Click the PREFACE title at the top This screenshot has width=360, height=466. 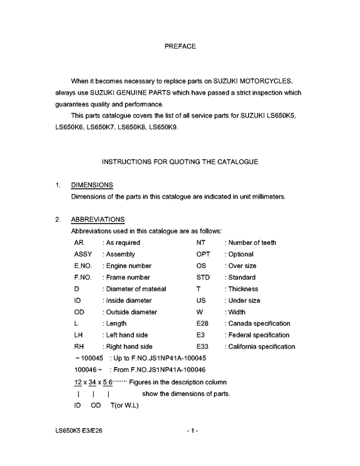[x=180, y=47]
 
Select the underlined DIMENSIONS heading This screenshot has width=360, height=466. [x=92, y=185]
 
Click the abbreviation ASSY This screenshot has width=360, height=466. [x=84, y=255]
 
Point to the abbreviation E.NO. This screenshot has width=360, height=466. [x=84, y=266]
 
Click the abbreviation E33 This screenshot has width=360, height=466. [x=202, y=346]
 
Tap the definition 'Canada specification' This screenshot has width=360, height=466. [x=258, y=323]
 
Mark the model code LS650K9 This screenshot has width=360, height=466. [x=165, y=127]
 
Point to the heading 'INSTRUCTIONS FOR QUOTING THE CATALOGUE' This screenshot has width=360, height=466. [x=180, y=161]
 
